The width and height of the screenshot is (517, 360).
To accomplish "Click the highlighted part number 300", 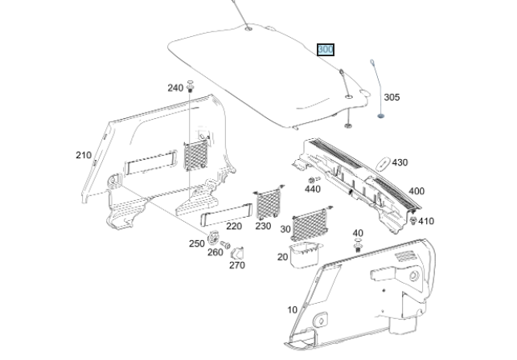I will [326, 50].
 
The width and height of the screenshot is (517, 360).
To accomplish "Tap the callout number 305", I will [391, 97].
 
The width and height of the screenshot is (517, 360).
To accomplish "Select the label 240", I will [175, 88].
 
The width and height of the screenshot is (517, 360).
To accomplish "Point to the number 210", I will [84, 155].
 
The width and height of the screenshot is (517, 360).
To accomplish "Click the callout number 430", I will [400, 162].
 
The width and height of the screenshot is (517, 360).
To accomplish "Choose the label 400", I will [416, 191].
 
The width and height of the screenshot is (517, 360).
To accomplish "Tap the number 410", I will [426, 221].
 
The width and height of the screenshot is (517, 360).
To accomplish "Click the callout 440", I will [312, 190].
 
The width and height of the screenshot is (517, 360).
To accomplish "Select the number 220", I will [233, 226].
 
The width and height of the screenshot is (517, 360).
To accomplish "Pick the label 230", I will [263, 226].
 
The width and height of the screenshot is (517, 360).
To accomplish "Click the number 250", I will [197, 243].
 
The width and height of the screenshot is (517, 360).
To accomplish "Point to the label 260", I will [215, 252].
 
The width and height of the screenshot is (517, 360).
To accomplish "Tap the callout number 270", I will [236, 265].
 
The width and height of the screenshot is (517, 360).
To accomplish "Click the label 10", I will [291, 309].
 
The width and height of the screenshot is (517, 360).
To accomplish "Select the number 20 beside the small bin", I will [282, 257].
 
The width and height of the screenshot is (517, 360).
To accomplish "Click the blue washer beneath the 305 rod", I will [380, 114].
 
